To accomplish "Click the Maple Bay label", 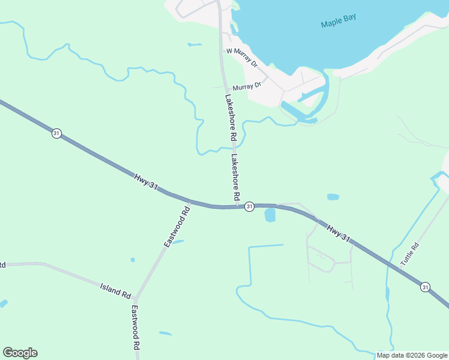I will point(338,21).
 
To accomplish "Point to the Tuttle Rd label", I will point(409,254).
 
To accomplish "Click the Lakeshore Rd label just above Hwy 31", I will point(236,177).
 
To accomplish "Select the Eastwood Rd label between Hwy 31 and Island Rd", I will point(176,227).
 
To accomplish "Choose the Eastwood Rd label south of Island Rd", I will point(136,328).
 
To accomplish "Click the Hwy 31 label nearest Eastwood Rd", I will point(146,182).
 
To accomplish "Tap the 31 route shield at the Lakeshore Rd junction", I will point(250,206).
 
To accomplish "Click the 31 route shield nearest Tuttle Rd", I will point(425,287).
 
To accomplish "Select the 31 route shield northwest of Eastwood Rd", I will point(56,133).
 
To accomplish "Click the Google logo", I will point(20,353).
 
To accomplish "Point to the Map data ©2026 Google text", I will point(411,355).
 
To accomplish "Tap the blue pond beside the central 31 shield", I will point(270,215).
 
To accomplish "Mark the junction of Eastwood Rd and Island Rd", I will point(136,298).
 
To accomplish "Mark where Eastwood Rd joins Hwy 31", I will point(189,202).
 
